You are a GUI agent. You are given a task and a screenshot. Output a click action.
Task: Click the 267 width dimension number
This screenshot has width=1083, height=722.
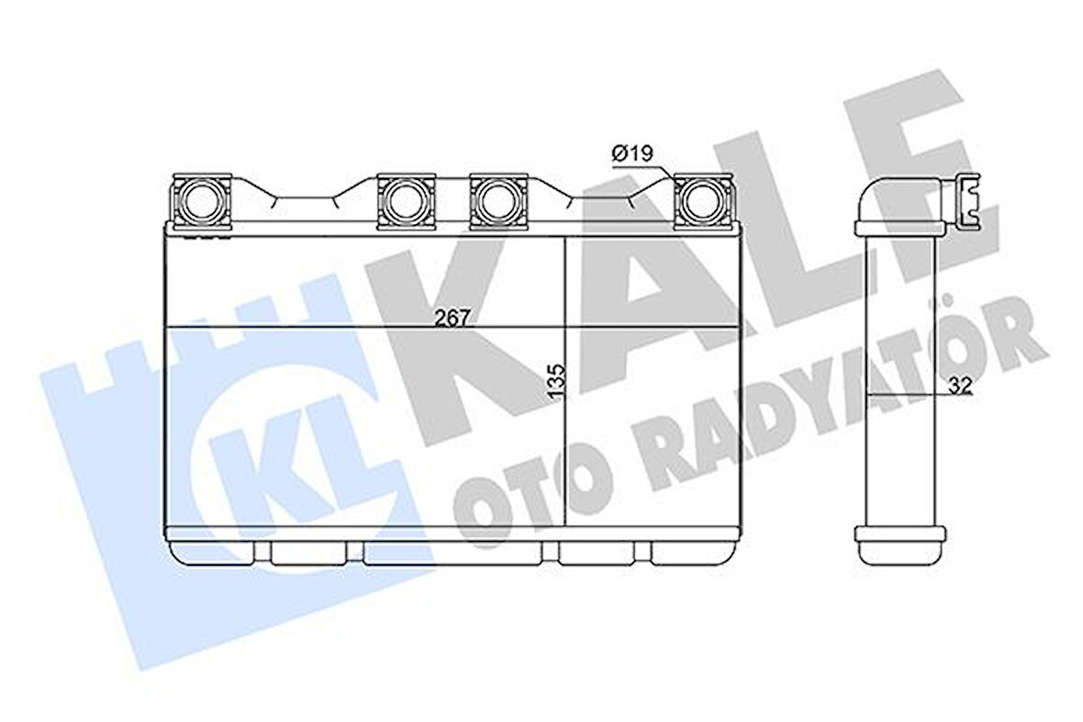453,317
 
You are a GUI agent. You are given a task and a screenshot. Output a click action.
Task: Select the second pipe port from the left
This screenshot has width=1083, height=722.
405,199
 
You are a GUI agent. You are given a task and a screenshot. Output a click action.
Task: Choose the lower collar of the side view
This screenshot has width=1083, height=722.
898,532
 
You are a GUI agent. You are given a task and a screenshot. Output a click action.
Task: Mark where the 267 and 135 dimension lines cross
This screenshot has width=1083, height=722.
562,328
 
